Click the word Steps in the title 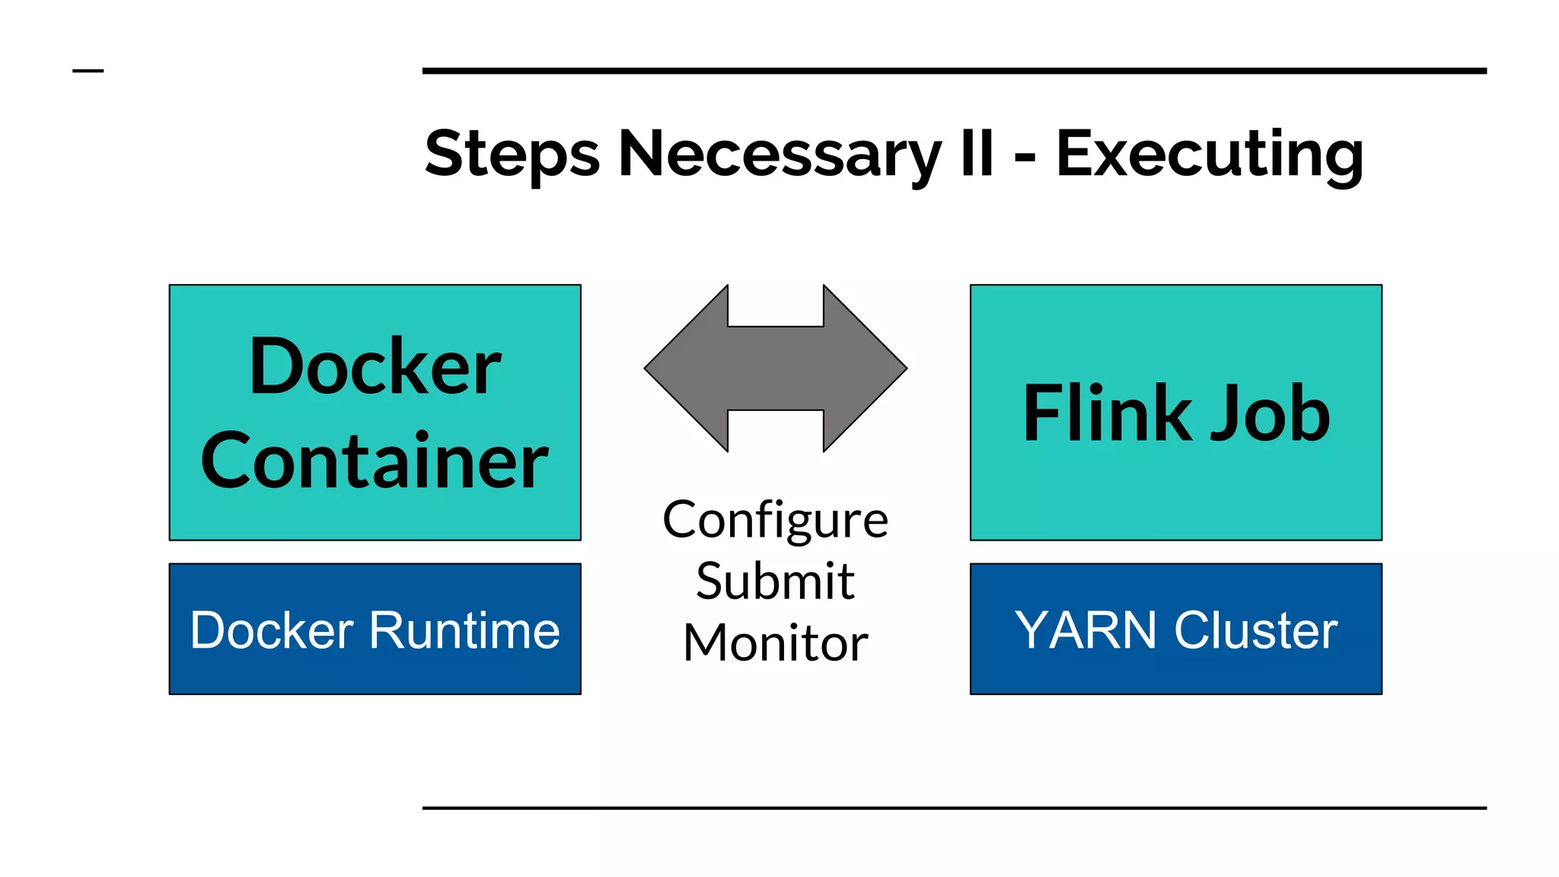512,155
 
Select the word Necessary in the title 779,155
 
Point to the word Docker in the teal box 375,368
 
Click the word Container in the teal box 375,461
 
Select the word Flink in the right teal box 1107,413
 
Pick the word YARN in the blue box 1085,630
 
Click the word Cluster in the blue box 1256,630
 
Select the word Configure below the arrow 775,521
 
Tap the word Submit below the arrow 775,582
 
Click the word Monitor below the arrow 775,643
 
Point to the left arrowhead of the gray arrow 685,368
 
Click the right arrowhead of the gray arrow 866,368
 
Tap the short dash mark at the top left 88,71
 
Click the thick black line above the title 954,71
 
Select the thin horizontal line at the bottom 954,808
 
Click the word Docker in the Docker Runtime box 272,630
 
